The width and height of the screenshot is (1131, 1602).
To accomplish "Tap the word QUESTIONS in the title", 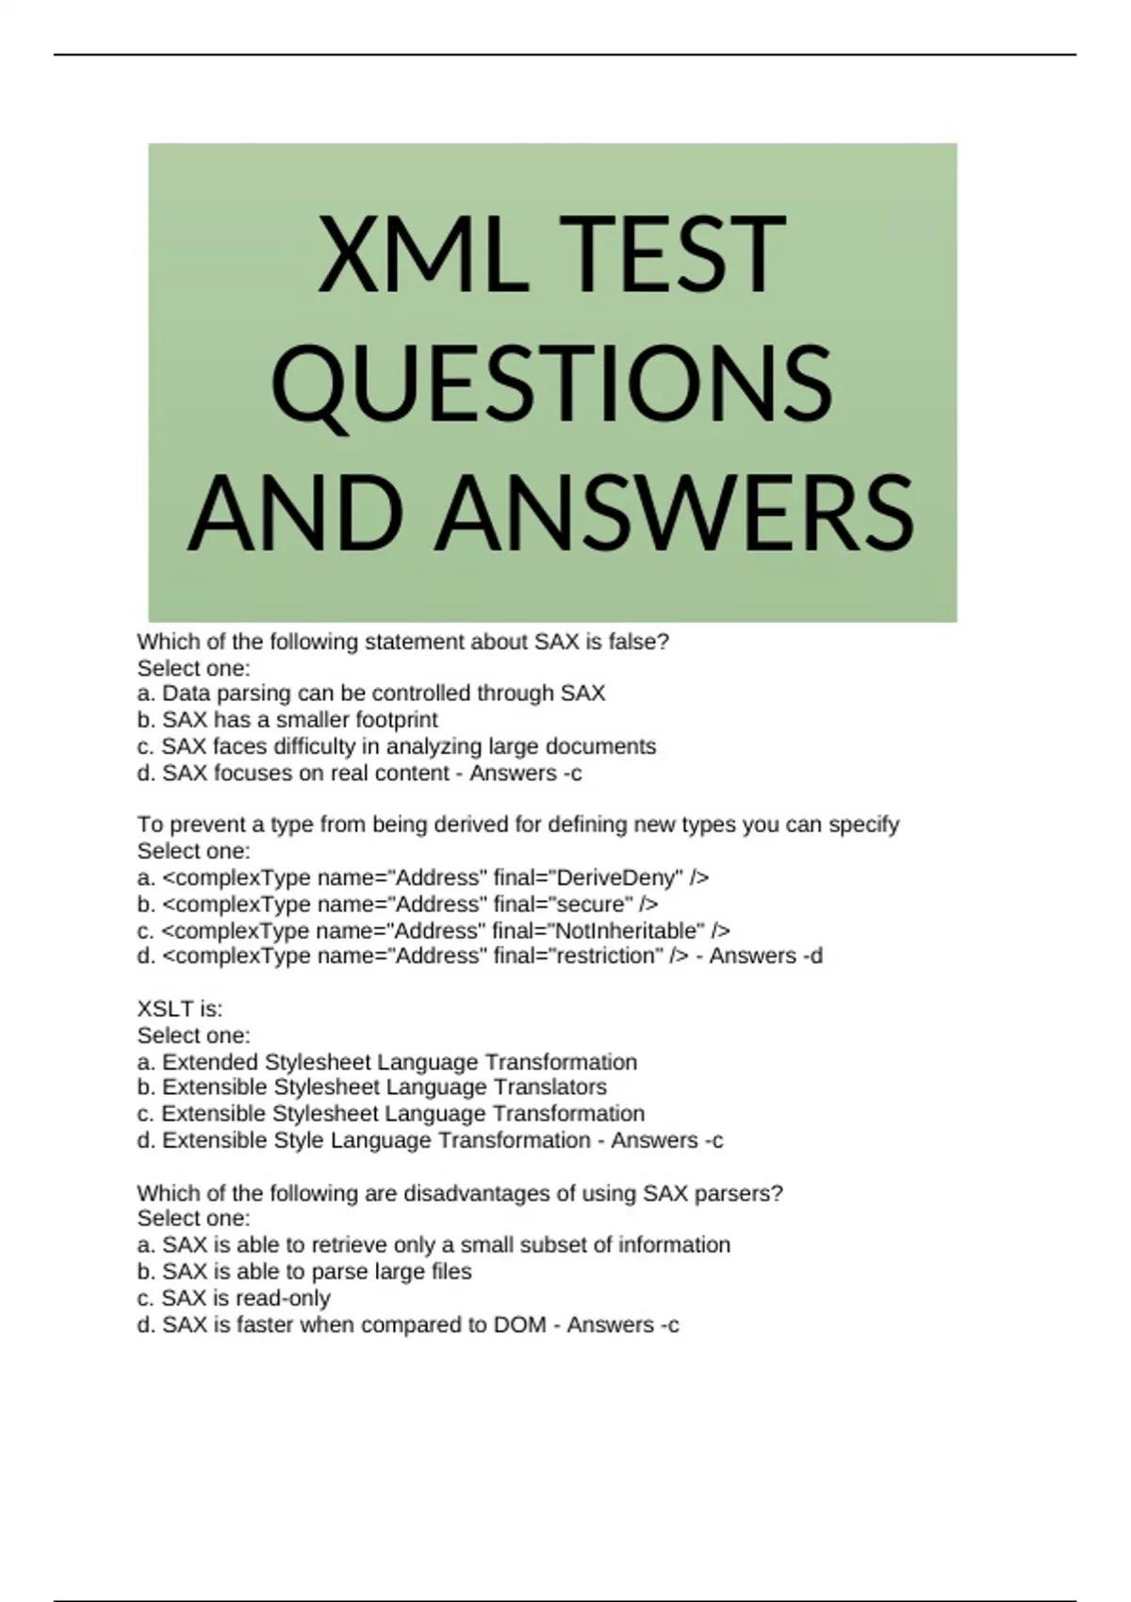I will [551, 384].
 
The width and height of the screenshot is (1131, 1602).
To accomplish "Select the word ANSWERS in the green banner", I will [673, 514].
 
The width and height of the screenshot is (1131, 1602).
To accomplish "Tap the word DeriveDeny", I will [618, 877].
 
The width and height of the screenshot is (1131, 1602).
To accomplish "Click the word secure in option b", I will [593, 904].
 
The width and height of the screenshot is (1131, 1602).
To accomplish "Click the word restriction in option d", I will [606, 956].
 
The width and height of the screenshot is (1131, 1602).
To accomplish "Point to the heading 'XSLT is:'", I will [180, 1009].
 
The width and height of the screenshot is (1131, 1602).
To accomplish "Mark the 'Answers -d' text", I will [765, 956].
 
